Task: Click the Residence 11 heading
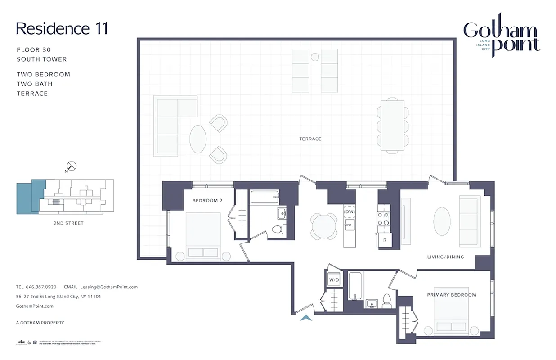pos(62,28)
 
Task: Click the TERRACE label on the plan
pos(310,139)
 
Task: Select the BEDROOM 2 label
pos(207,201)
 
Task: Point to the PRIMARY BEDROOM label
pos(451,295)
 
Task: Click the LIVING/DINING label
pos(445,257)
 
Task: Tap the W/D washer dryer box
pos(334,279)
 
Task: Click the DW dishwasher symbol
pos(350,212)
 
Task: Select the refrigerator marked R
pos(385,240)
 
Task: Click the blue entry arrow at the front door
pos(306,318)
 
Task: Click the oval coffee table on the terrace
pos(198,139)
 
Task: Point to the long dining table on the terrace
pos(392,125)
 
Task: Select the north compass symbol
pos(71,166)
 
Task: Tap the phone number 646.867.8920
pos(41,287)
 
